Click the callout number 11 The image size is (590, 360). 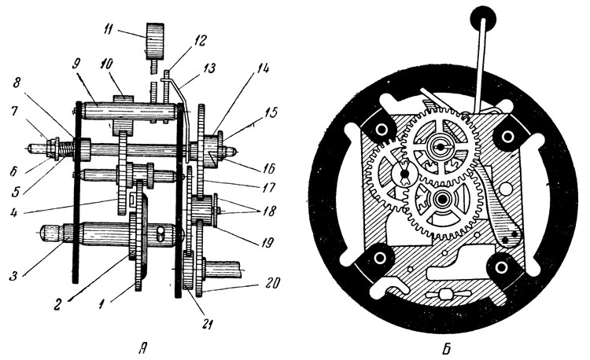coord(107,29)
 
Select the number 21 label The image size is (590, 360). coord(208,324)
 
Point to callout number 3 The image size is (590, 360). coord(14,277)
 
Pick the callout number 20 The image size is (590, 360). coord(271,283)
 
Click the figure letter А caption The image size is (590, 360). coord(142,350)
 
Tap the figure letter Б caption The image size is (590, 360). coord(446,350)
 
